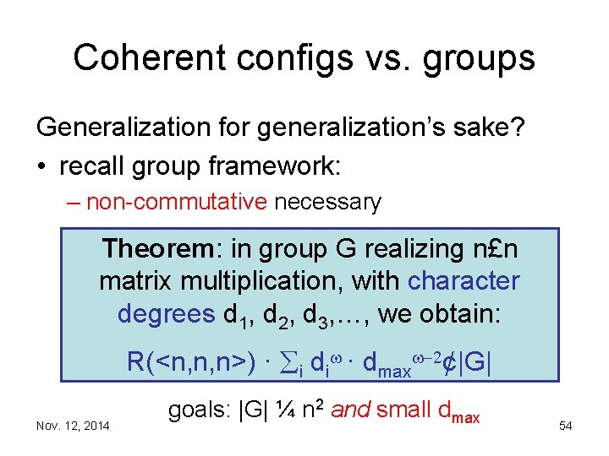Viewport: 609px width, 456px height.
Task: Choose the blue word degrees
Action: (166, 314)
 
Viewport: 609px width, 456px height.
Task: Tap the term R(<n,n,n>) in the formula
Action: (189, 362)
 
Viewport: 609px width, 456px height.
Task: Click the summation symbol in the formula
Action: (286, 362)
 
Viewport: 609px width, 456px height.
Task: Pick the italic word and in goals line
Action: (350, 411)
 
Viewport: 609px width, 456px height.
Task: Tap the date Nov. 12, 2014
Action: (73, 426)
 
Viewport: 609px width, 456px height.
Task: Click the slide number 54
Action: (565, 426)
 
